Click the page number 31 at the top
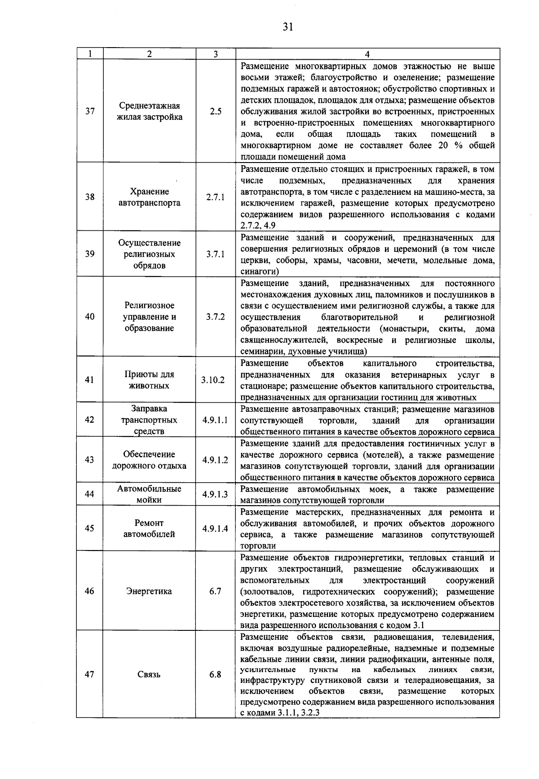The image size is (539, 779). [288, 27]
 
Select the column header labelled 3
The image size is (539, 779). [216, 54]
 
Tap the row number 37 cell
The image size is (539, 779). [90, 111]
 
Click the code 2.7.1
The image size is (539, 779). [216, 197]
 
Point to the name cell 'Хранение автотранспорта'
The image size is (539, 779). [150, 197]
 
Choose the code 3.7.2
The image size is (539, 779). [216, 317]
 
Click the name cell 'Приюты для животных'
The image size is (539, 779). [150, 380]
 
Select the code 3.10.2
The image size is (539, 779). [216, 380]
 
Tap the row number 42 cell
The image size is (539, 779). [90, 420]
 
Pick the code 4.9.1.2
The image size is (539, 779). [216, 460]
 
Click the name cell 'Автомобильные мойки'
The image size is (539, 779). [150, 494]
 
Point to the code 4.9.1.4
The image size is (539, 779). [216, 528]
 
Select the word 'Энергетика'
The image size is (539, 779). [150, 591]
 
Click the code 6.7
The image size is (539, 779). [216, 591]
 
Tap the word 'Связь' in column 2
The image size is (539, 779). [150, 674]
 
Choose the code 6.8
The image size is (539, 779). [216, 674]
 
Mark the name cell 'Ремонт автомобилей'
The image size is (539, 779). [150, 528]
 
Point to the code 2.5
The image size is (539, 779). [216, 111]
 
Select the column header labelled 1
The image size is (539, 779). [90, 54]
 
